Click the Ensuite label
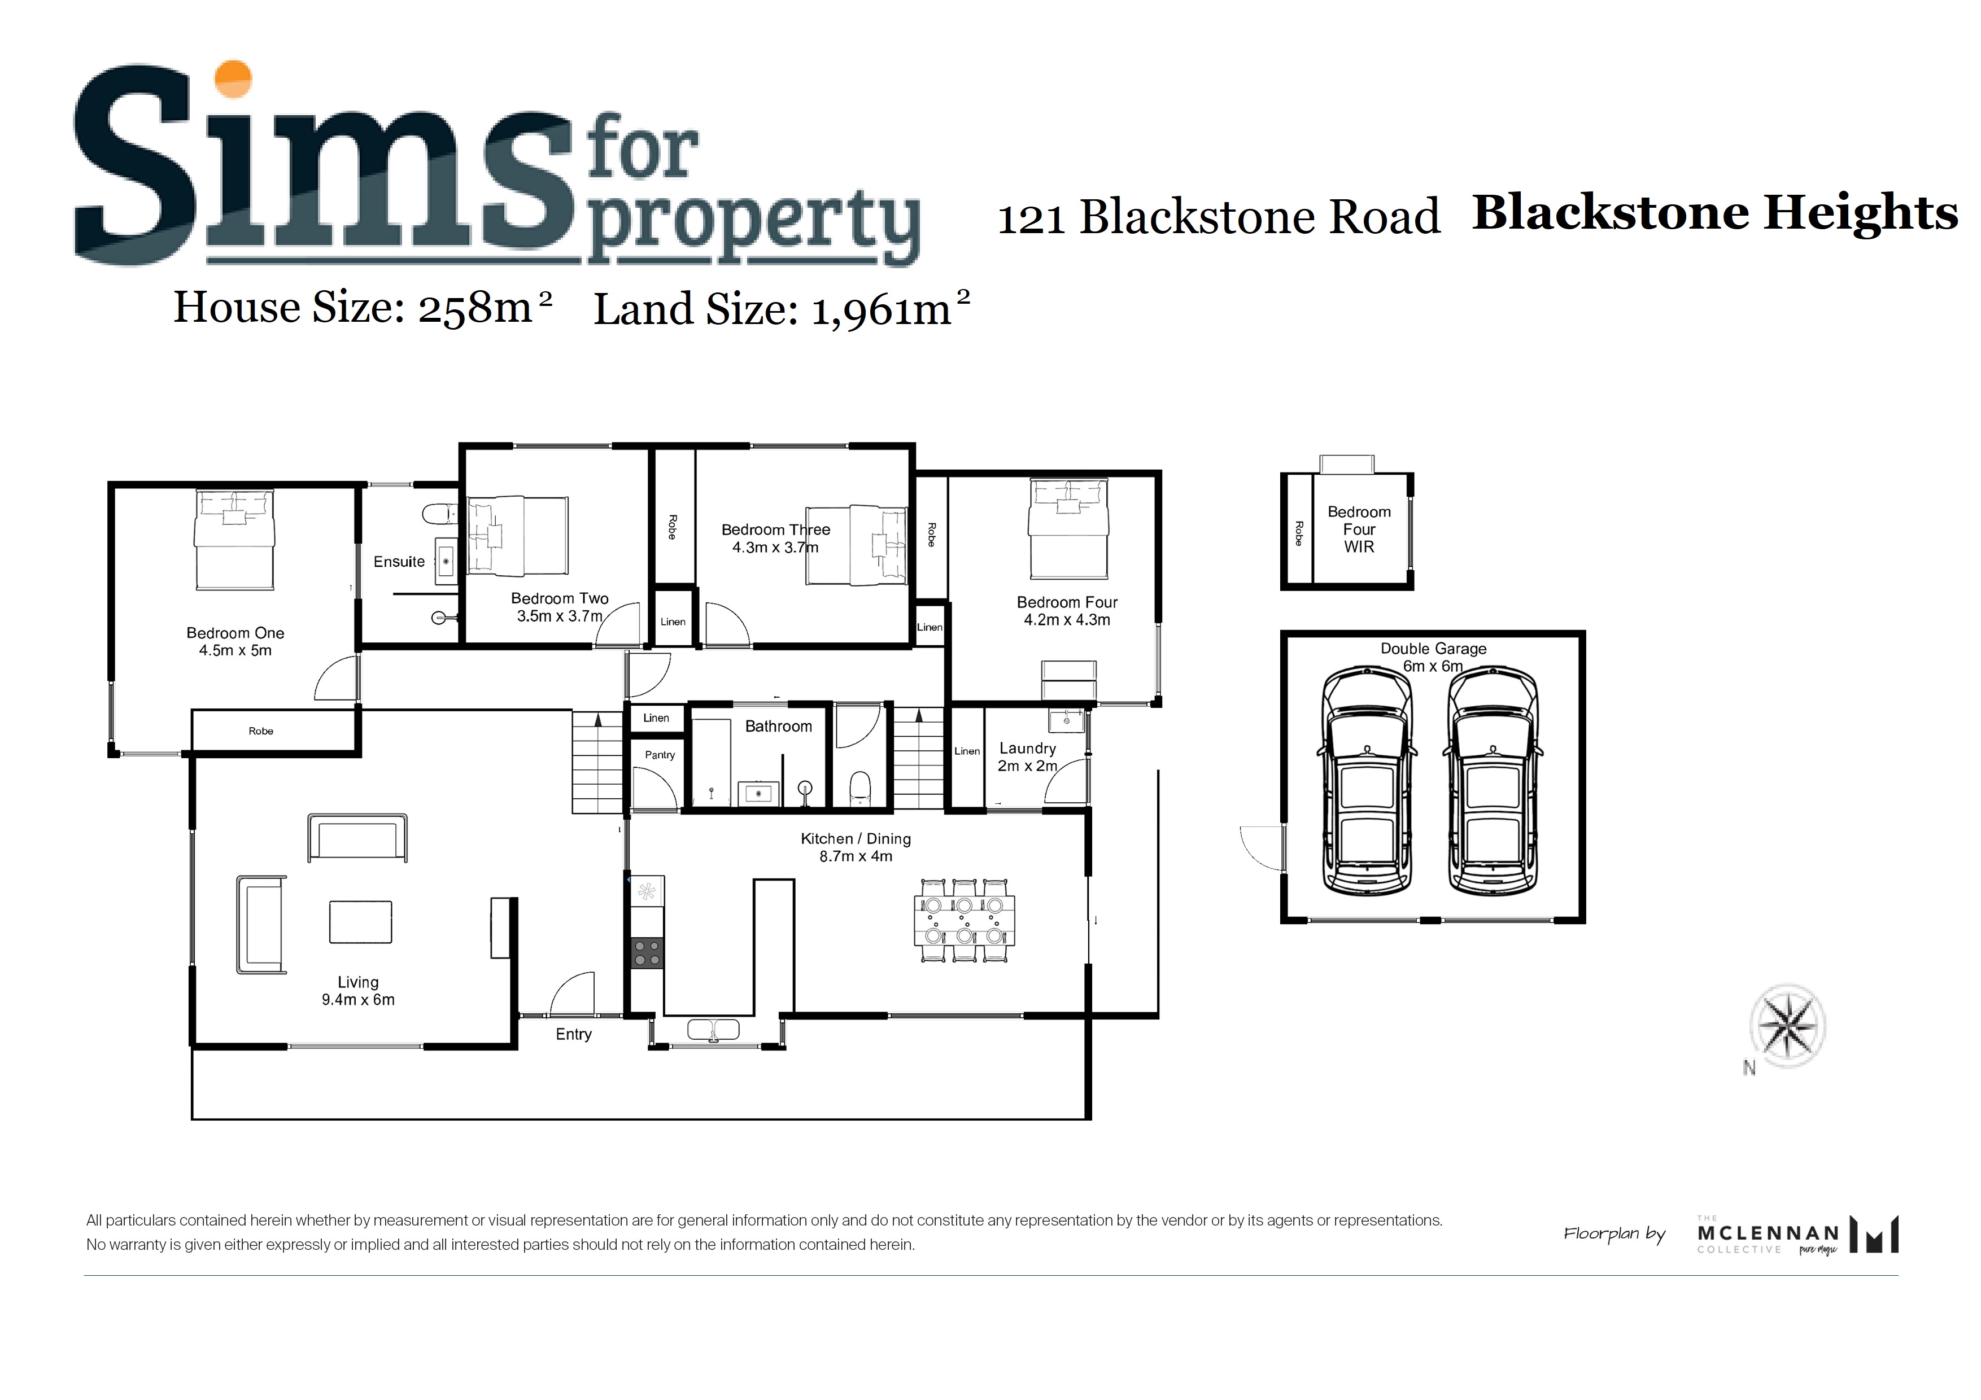click(x=399, y=562)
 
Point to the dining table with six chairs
click(x=964, y=920)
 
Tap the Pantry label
click(x=660, y=755)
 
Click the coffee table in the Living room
click(x=361, y=922)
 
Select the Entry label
click(x=574, y=1034)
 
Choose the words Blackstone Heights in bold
click(x=1714, y=213)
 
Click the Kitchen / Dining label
click(x=856, y=847)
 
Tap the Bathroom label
click(x=778, y=727)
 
